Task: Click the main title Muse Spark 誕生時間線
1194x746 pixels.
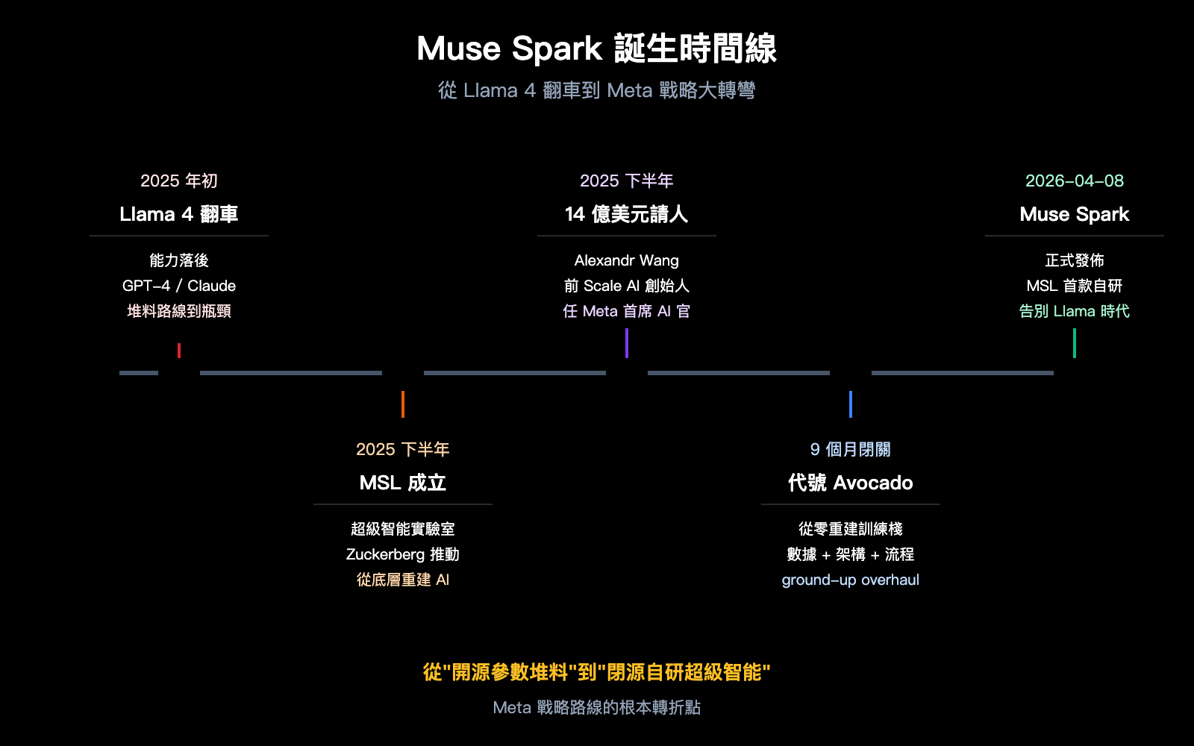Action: pos(596,49)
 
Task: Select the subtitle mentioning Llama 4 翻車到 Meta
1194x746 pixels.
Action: pos(596,90)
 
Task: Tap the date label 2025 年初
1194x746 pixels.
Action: pos(179,181)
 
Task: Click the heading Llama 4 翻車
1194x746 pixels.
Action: pos(179,214)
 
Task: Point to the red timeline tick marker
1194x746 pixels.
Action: pos(179,350)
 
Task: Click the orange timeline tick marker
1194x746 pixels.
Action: pos(403,404)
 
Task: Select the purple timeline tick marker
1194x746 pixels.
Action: pos(627,343)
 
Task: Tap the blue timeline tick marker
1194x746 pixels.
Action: pos(851,404)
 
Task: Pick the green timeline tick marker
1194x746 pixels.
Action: pos(1075,343)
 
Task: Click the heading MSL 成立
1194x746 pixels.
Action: pos(403,483)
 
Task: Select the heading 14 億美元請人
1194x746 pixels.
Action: pos(627,214)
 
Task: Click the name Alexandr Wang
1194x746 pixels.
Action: pos(627,260)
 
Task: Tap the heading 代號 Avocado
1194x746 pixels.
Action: pos(851,483)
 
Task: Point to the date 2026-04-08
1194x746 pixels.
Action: pos(1075,181)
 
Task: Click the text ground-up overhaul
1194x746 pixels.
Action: pos(851,580)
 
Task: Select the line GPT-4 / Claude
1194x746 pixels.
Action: pos(179,286)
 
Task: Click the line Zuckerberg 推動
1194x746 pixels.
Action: pos(403,554)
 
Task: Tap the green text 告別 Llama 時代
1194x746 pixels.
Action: pos(1075,311)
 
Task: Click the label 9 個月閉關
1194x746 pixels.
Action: pos(851,449)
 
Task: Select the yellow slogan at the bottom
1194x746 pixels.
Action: pos(596,672)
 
